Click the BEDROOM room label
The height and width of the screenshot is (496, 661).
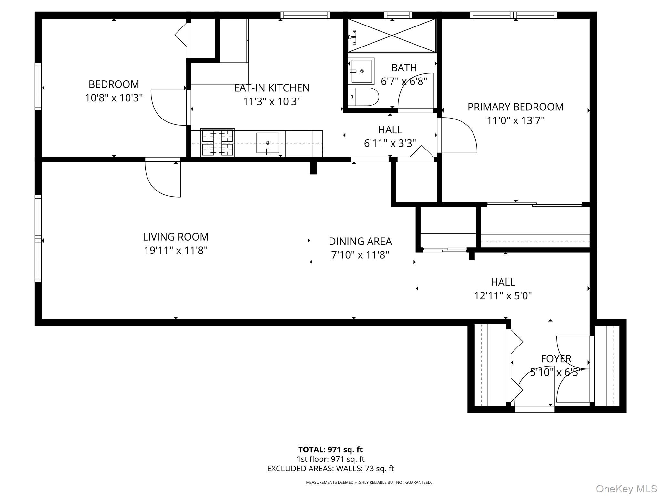point(114,84)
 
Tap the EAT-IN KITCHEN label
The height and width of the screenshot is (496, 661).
point(272,88)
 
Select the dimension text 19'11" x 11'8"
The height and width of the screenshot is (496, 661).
point(176,250)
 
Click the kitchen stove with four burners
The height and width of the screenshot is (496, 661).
point(217,142)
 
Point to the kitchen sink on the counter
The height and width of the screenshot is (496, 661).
point(268,143)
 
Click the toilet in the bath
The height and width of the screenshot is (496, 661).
point(363,97)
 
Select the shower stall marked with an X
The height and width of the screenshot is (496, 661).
point(392,36)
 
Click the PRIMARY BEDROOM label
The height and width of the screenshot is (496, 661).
point(515,107)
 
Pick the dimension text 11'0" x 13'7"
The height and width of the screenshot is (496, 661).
point(515,121)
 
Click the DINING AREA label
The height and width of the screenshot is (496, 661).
point(360,241)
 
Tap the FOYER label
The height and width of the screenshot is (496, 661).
point(556,359)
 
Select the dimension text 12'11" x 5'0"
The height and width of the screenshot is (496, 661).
point(503,296)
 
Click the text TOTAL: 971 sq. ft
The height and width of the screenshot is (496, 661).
point(330,449)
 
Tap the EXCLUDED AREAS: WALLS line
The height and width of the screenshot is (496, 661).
point(330,469)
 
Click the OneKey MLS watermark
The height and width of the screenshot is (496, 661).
point(626,489)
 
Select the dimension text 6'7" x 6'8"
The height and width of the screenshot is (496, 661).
point(404,81)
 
